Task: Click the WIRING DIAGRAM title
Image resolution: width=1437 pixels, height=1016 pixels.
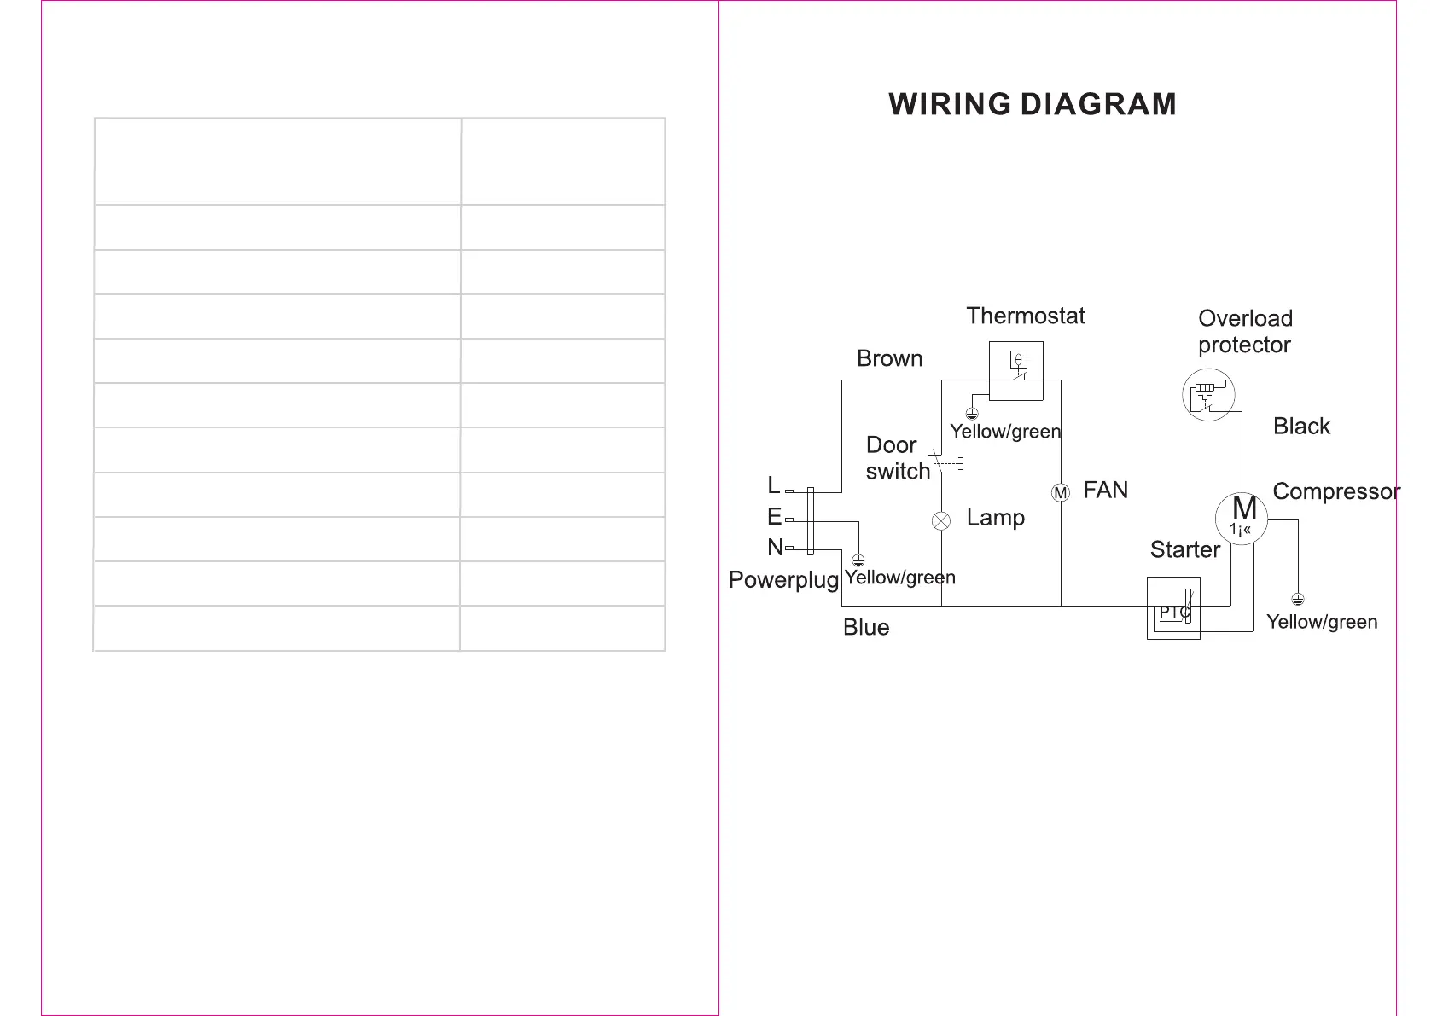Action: point(1033,104)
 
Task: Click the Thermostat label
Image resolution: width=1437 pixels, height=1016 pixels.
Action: point(1025,316)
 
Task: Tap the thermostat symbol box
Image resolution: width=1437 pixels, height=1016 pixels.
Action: point(1015,371)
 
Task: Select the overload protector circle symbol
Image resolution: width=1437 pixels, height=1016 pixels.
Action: point(1208,395)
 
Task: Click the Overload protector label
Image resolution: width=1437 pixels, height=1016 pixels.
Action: point(1245,331)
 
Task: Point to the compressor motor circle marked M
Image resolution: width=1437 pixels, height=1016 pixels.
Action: point(1242,518)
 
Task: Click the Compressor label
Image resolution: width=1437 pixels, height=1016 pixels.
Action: point(1335,491)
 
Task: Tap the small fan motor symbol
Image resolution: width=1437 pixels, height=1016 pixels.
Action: point(1061,493)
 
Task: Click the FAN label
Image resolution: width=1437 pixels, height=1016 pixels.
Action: point(1105,490)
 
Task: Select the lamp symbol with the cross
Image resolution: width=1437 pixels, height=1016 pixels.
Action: point(941,521)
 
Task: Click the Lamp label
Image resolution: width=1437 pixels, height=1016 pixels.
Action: point(995,518)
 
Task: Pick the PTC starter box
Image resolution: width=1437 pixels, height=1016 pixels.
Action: point(1173,608)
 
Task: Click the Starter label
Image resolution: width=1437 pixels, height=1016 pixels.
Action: point(1184,549)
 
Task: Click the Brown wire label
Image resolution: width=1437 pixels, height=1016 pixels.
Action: point(889,358)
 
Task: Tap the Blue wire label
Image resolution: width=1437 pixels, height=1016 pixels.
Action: point(866,627)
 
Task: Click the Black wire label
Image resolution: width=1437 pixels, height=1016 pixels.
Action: point(1301,426)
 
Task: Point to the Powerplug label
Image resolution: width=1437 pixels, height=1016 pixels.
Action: point(783,580)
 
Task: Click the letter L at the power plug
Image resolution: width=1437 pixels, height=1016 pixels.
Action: point(774,485)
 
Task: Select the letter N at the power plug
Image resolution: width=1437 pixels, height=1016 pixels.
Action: point(775,547)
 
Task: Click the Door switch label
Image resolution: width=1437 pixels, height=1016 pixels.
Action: point(897,458)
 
